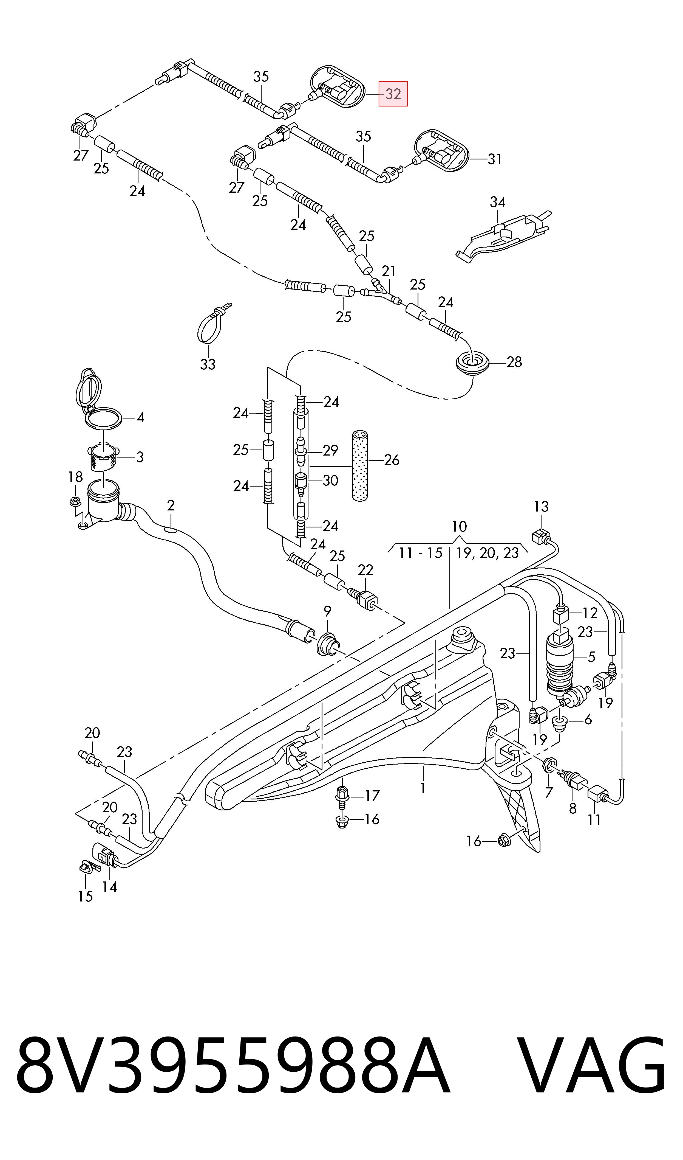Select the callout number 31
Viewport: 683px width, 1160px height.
point(494,159)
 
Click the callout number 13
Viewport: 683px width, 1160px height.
point(541,507)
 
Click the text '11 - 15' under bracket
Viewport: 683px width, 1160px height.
point(420,553)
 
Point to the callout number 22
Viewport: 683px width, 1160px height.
point(365,570)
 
